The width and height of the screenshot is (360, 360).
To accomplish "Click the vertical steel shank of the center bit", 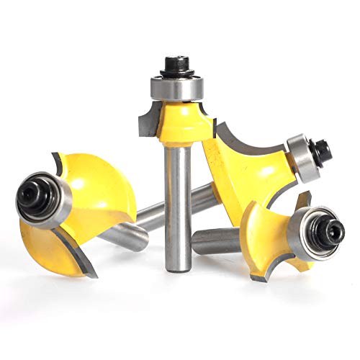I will [177, 202].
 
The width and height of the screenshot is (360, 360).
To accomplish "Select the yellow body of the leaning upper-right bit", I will [248, 169].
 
